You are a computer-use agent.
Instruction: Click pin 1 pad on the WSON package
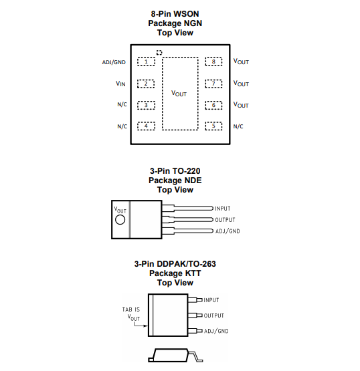(146, 61)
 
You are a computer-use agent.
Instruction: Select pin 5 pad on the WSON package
(213, 126)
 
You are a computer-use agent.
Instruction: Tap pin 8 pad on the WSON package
(213, 61)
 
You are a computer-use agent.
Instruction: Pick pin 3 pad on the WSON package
(146, 105)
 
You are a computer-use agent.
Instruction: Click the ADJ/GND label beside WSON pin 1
(114, 62)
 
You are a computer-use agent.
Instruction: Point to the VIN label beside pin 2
(120, 84)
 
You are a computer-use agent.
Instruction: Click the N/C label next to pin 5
(238, 126)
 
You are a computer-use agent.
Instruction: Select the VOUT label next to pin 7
(241, 84)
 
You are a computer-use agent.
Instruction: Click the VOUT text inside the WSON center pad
(179, 94)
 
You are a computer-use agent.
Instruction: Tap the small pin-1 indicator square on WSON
(159, 53)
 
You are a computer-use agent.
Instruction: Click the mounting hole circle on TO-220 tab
(120, 220)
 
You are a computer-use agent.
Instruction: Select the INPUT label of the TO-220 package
(223, 209)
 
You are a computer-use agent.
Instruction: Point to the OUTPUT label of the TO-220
(225, 220)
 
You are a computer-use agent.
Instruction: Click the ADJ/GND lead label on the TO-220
(228, 231)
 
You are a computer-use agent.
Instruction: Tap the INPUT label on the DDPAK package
(211, 300)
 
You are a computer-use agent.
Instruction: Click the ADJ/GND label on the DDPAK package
(216, 331)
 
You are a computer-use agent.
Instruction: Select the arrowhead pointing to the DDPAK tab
(146, 326)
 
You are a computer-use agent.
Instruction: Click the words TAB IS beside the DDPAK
(131, 310)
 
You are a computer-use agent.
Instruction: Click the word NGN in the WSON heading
(193, 23)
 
